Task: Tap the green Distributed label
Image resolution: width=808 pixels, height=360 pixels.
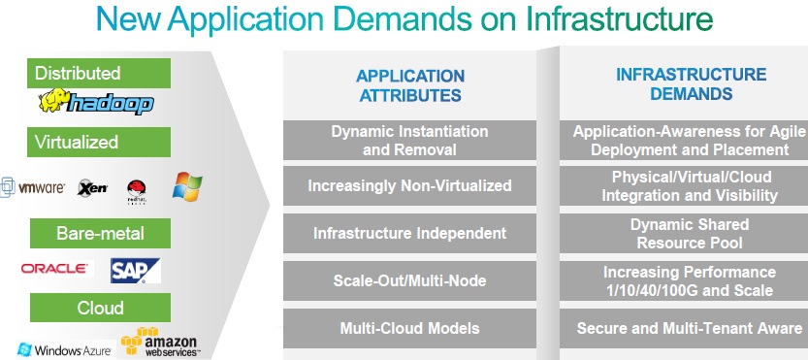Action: click(99, 73)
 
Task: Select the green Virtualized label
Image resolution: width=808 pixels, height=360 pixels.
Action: click(99, 142)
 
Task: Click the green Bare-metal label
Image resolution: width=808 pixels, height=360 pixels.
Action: click(99, 234)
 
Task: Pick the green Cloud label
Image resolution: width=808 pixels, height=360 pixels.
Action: click(99, 308)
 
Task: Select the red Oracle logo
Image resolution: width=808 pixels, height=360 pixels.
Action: click(56, 268)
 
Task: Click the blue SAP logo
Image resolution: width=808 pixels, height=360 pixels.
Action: click(132, 269)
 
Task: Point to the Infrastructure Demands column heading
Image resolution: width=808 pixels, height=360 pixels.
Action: click(690, 84)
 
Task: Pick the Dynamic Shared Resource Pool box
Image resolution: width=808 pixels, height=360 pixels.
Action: click(689, 233)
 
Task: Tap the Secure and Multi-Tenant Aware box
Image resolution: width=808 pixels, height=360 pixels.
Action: click(689, 328)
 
